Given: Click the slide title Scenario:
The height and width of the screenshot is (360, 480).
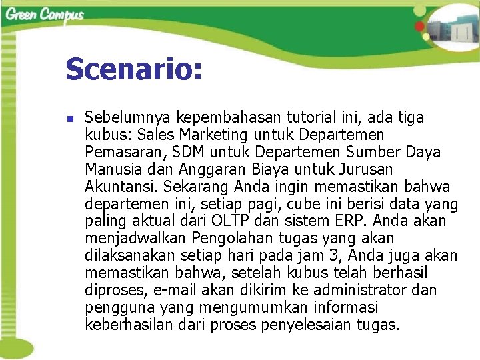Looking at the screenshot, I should pyautogui.click(x=133, y=69).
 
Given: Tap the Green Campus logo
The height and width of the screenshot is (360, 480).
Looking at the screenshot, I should pyautogui.click(x=45, y=15).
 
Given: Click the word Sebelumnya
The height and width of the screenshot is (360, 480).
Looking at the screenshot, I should pyautogui.click(x=126, y=118).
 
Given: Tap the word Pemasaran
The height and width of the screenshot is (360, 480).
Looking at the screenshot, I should pyautogui.click(x=119, y=153).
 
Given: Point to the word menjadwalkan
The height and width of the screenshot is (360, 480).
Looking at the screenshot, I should pyautogui.click(x=135, y=238).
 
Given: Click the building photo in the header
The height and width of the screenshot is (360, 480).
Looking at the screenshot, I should pyautogui.click(x=453, y=30).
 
